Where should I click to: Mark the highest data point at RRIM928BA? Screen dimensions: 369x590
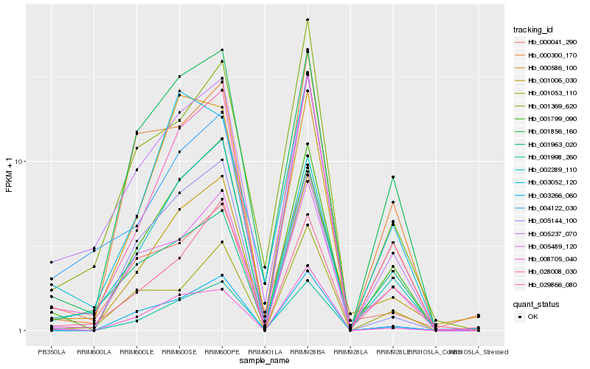coord(308,20)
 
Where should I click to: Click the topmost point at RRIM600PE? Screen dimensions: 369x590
coord(222,50)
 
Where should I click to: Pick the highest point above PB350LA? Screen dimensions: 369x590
coord(52,262)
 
